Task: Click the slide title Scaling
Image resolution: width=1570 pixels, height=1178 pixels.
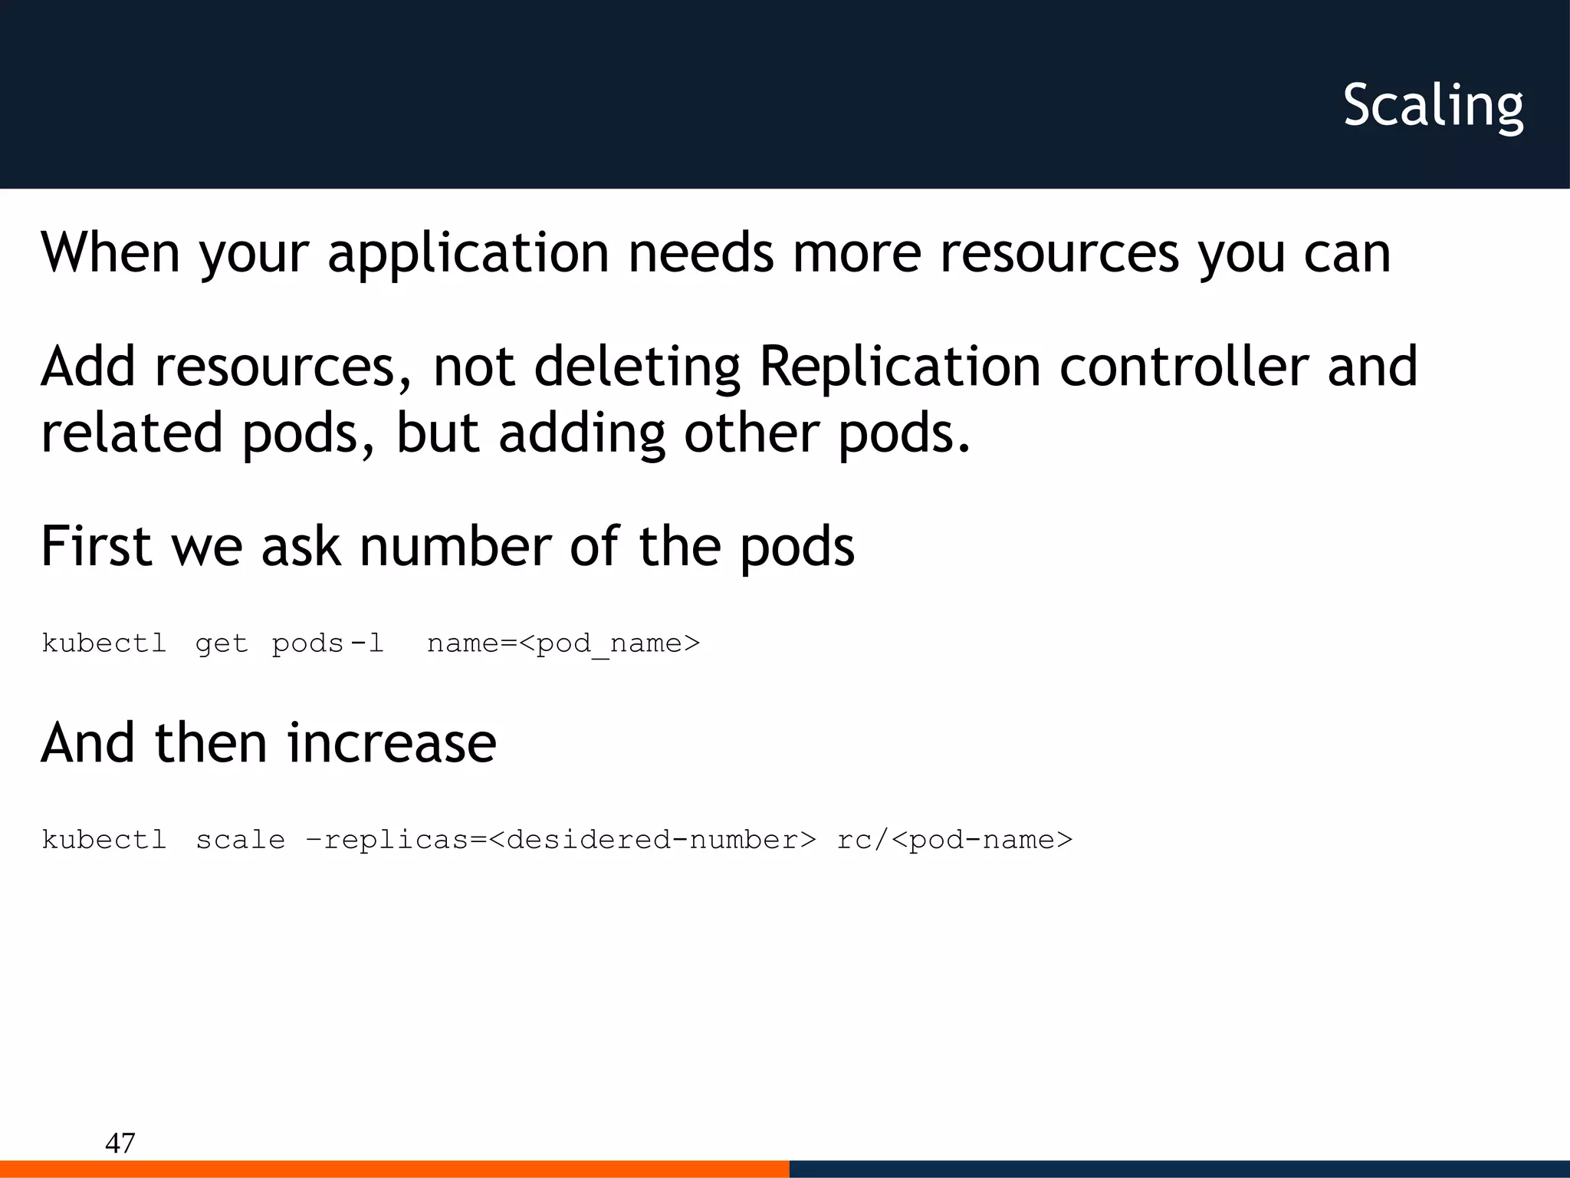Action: (1433, 106)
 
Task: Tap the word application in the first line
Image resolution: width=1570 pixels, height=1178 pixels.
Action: (468, 252)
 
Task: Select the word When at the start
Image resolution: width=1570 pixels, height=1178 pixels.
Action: (110, 252)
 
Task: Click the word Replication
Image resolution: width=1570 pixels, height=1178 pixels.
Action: (899, 366)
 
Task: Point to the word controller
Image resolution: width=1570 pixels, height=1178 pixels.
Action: (1184, 366)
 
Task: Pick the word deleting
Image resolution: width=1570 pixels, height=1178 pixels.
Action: (637, 366)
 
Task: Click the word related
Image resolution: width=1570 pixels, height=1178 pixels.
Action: (131, 433)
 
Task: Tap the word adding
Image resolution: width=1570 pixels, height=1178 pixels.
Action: (582, 433)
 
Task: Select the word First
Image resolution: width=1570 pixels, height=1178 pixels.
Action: (97, 546)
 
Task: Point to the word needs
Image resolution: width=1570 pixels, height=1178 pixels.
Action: (701, 252)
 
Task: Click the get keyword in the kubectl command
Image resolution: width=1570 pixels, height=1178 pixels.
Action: (222, 643)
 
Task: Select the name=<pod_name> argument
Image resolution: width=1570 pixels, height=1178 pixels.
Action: (563, 643)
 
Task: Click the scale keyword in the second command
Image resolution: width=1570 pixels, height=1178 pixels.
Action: (240, 840)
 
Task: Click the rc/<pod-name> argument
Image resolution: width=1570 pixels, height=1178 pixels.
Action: (954, 840)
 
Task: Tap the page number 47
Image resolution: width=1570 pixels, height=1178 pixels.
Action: (120, 1143)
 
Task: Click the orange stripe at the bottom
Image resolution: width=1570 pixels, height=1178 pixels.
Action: (394, 1169)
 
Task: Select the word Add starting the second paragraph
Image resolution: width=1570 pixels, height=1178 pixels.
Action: (88, 366)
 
